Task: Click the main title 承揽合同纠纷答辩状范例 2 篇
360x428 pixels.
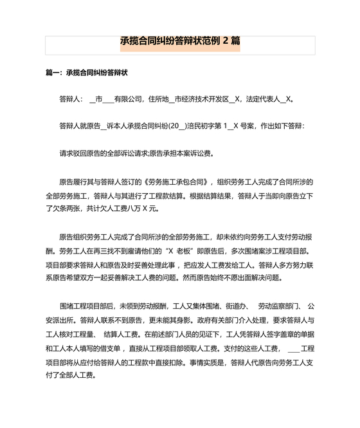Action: click(180, 41)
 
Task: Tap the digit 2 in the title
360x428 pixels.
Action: click(226, 41)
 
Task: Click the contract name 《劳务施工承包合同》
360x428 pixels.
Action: click(180, 181)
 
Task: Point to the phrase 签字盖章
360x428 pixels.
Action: click(273, 333)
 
